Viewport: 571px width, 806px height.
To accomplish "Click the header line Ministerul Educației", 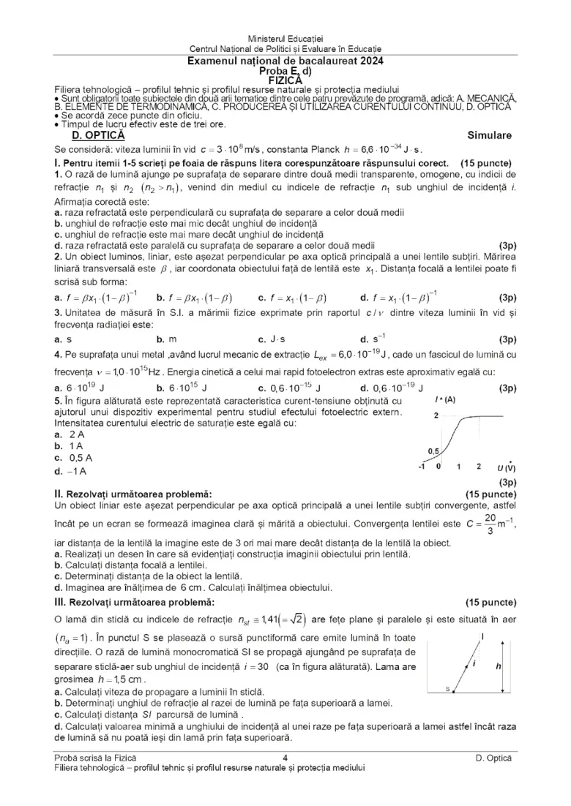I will tap(285, 37).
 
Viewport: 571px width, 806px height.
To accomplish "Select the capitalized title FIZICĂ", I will tap(285, 80).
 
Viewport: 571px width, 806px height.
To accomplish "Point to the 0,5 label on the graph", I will tap(433, 451).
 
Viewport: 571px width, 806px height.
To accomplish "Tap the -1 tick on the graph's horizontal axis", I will tap(422, 466).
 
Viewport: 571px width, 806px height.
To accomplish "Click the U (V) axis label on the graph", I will tap(506, 467).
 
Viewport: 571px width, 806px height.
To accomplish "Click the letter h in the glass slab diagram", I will tap(498, 666).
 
